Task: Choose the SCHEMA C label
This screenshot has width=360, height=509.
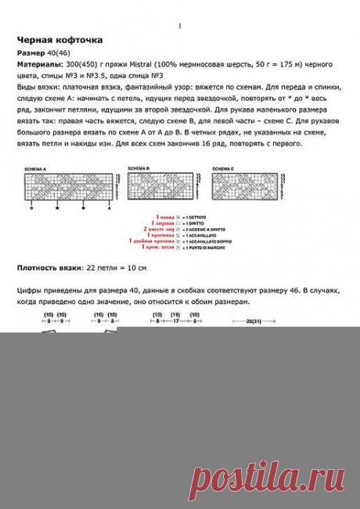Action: [223, 169]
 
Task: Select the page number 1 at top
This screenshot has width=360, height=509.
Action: [179, 26]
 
